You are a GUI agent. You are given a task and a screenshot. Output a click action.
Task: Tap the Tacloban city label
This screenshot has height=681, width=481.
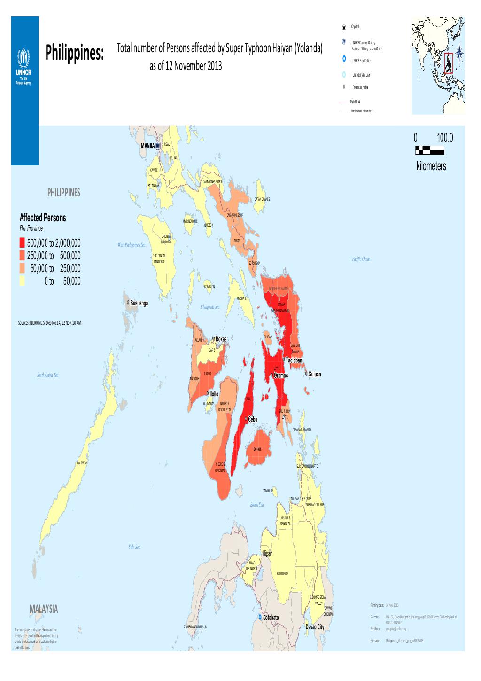[x=294, y=360]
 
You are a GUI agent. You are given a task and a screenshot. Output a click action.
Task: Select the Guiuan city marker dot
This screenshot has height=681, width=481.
[x=306, y=374]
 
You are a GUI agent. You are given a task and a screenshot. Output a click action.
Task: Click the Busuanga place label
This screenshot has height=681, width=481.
[x=139, y=303]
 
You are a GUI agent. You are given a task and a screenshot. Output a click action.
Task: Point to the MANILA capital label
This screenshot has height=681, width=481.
[x=147, y=146]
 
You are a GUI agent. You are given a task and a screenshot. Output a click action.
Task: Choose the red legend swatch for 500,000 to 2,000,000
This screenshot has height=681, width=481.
[x=22, y=243]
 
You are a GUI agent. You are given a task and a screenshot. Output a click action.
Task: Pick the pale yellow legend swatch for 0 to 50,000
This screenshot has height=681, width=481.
[x=22, y=281]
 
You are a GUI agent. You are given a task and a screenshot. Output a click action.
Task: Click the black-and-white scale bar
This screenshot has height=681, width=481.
[x=429, y=150]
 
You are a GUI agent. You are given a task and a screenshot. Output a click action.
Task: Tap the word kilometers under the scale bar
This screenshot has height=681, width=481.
[x=431, y=166]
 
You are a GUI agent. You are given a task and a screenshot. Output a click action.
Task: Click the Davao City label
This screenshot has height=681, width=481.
[x=315, y=627]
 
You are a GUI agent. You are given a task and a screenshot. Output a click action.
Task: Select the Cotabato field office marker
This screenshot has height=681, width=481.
[x=260, y=617]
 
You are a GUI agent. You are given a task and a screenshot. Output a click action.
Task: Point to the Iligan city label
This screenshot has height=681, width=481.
[x=267, y=553]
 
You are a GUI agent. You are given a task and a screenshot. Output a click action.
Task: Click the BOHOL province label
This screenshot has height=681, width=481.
[x=257, y=449]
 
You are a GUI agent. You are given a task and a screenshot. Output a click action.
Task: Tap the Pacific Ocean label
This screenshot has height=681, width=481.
[x=361, y=259]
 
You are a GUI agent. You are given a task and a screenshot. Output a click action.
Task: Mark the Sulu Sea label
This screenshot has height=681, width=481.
[x=134, y=547]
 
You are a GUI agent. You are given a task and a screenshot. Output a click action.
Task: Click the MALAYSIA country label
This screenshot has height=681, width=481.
[x=44, y=609]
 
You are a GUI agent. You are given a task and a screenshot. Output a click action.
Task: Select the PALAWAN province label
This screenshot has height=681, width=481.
[x=82, y=463]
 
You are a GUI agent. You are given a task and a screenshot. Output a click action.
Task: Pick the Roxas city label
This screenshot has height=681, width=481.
[x=221, y=339]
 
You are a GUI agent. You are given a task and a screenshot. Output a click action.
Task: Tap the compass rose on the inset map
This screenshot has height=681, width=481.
[x=459, y=54]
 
